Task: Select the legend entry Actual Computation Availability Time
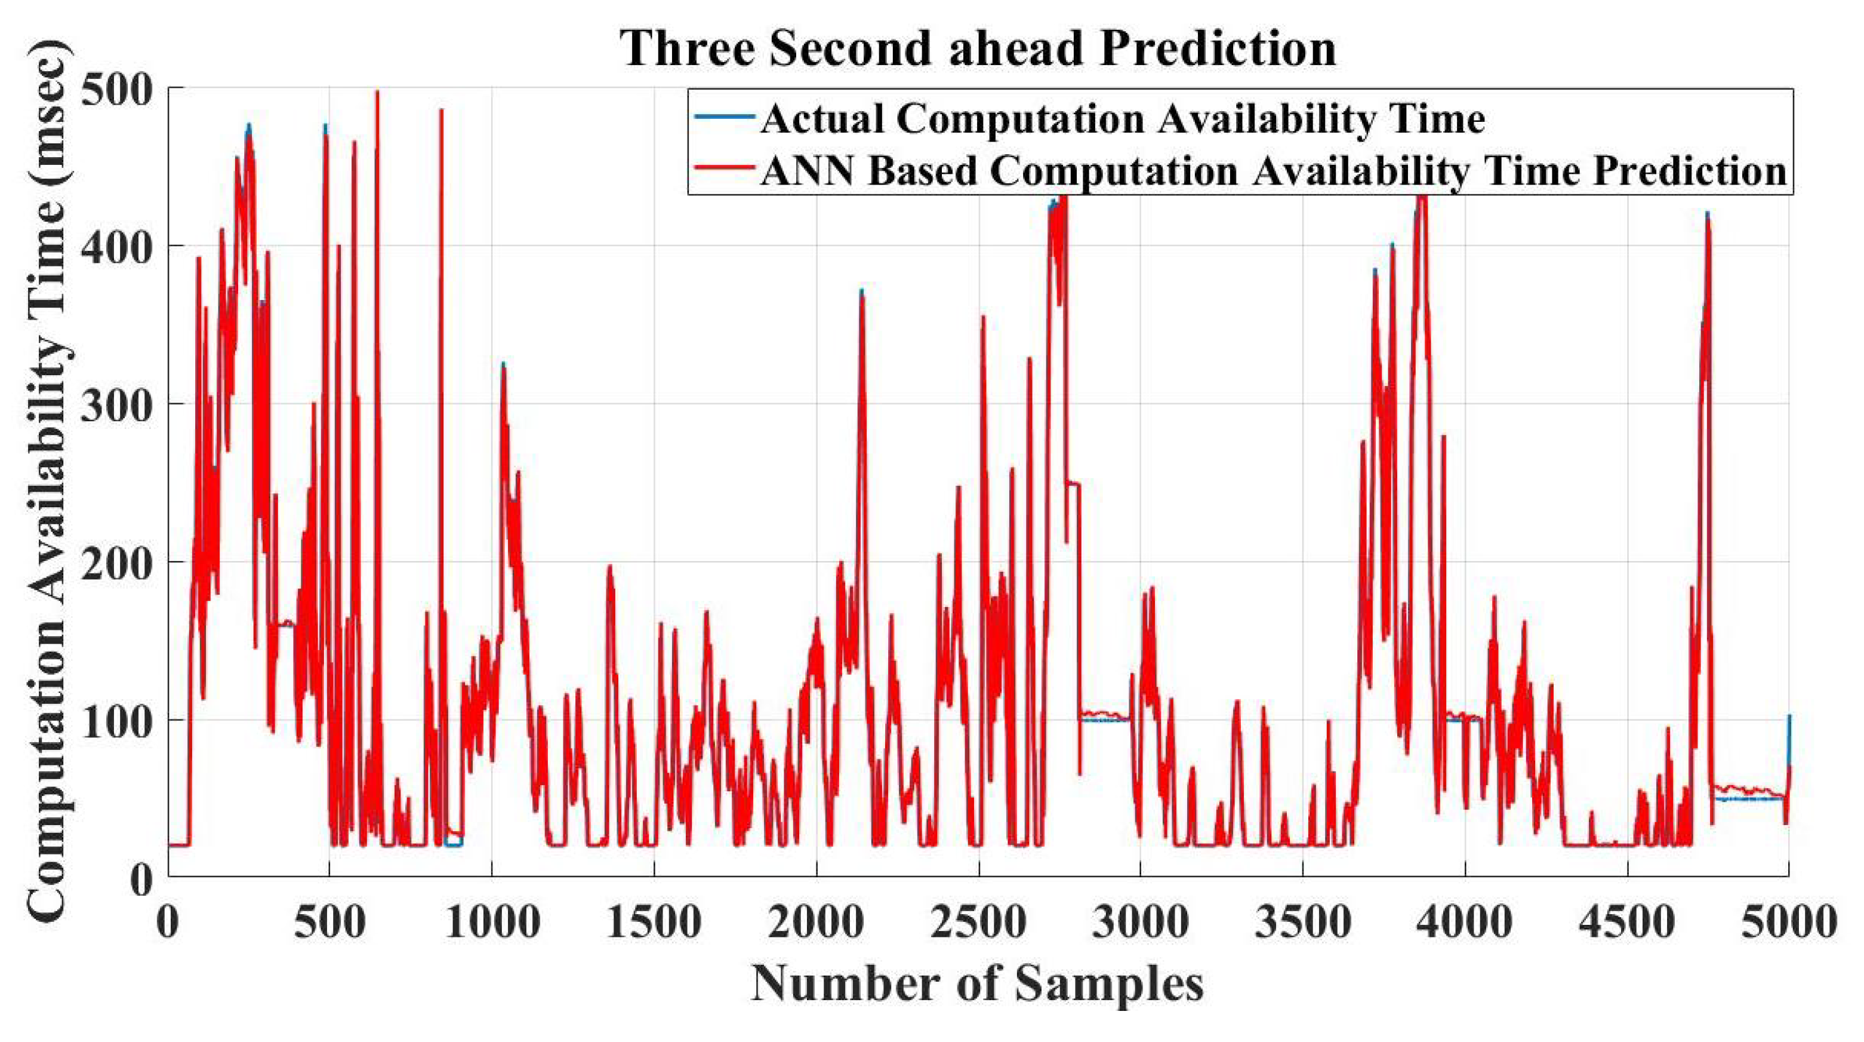click(1122, 119)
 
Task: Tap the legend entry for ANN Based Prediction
click(1273, 172)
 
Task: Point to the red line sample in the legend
click(723, 168)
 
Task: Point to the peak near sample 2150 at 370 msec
click(862, 292)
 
